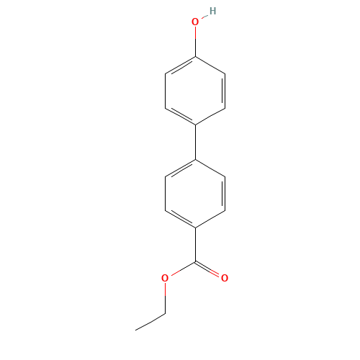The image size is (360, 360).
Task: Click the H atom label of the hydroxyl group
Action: coord(212,11)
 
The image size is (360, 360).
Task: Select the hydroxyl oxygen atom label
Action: coord(195,22)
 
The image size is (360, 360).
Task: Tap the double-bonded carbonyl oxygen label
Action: coord(225,278)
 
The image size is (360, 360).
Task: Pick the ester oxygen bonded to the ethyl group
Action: coord(165,278)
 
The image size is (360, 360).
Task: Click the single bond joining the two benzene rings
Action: coord(196,142)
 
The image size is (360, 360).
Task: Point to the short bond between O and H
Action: coord(204,17)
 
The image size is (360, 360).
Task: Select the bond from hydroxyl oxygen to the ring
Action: coord(196,42)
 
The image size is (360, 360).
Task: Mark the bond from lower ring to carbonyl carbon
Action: coord(196,245)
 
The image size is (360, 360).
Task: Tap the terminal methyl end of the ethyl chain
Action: coord(135,330)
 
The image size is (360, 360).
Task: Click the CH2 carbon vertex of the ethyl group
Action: coord(166,313)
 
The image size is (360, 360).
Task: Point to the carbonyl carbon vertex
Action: coord(196,262)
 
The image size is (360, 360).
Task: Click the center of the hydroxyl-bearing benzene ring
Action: coord(195,91)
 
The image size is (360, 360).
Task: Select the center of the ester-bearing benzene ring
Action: coord(195,194)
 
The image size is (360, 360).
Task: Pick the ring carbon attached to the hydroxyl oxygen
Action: coord(196,57)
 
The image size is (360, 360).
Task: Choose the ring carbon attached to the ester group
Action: coord(196,228)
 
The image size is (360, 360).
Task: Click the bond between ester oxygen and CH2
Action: coord(166,298)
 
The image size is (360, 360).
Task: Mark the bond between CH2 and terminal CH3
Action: coord(150,322)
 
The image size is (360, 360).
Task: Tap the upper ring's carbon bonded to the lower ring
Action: coord(196,125)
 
